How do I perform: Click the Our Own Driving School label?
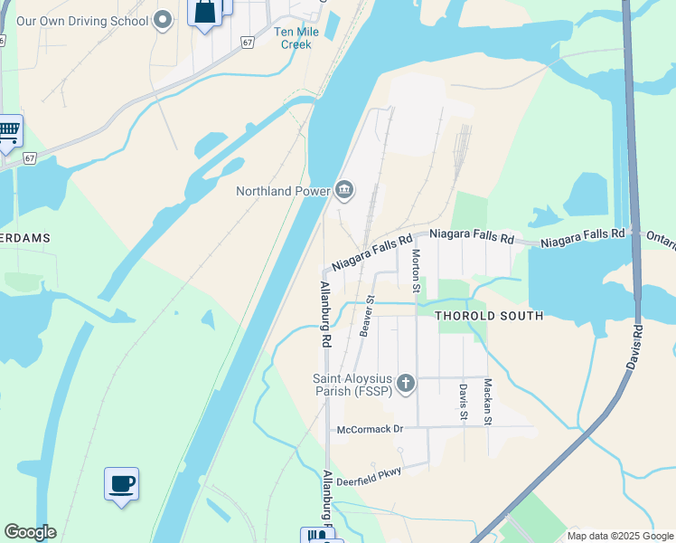[81, 20]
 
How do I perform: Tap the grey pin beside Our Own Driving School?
[164, 19]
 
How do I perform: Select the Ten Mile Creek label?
[295, 38]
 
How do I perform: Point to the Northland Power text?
[282, 191]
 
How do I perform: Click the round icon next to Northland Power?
[344, 190]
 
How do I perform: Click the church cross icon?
[406, 385]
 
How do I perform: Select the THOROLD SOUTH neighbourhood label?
[489, 316]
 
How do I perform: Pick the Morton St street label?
[417, 271]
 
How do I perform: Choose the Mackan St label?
[486, 402]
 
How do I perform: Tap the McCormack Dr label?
[369, 429]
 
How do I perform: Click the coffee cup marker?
[122, 483]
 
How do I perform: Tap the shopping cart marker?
[8, 131]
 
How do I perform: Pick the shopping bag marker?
[205, 13]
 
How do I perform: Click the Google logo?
[30, 532]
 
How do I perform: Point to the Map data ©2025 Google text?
[619, 536]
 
